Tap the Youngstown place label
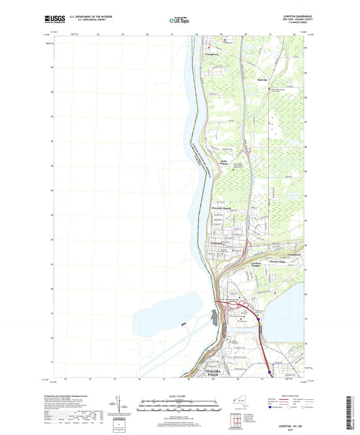[x=212, y=54]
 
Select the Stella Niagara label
[x=220, y=162]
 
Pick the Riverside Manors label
[x=224, y=208]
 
